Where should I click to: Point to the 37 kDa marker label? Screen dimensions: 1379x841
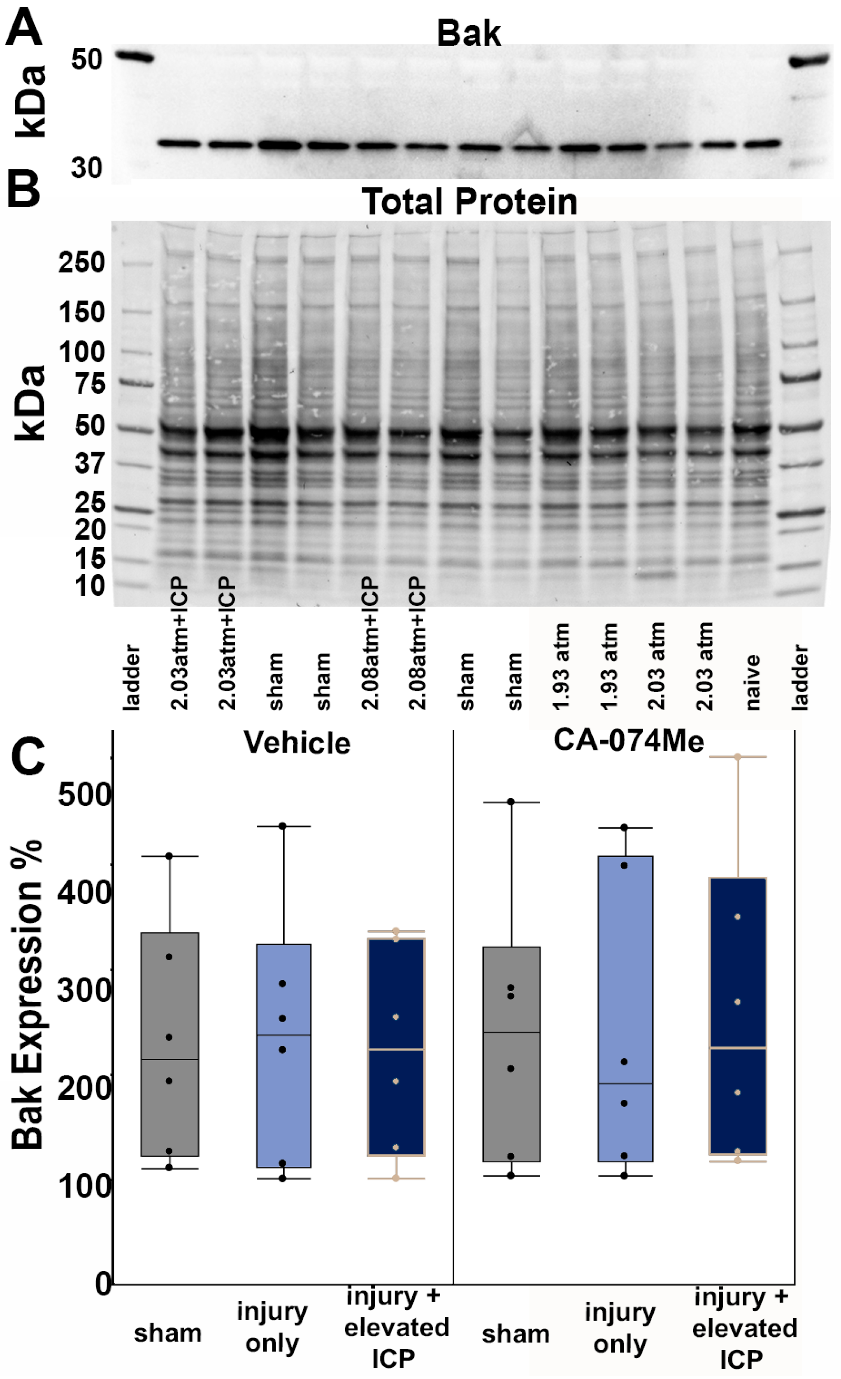[x=90, y=464]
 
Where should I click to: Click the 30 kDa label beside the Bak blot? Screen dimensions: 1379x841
[x=86, y=168]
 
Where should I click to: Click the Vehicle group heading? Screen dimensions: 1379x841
[x=297, y=743]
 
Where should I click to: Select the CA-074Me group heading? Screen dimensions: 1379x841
[x=628, y=741]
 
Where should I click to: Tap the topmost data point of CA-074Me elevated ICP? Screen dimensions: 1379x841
[x=737, y=757]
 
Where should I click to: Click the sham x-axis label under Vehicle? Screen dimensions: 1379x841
[x=167, y=1334]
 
